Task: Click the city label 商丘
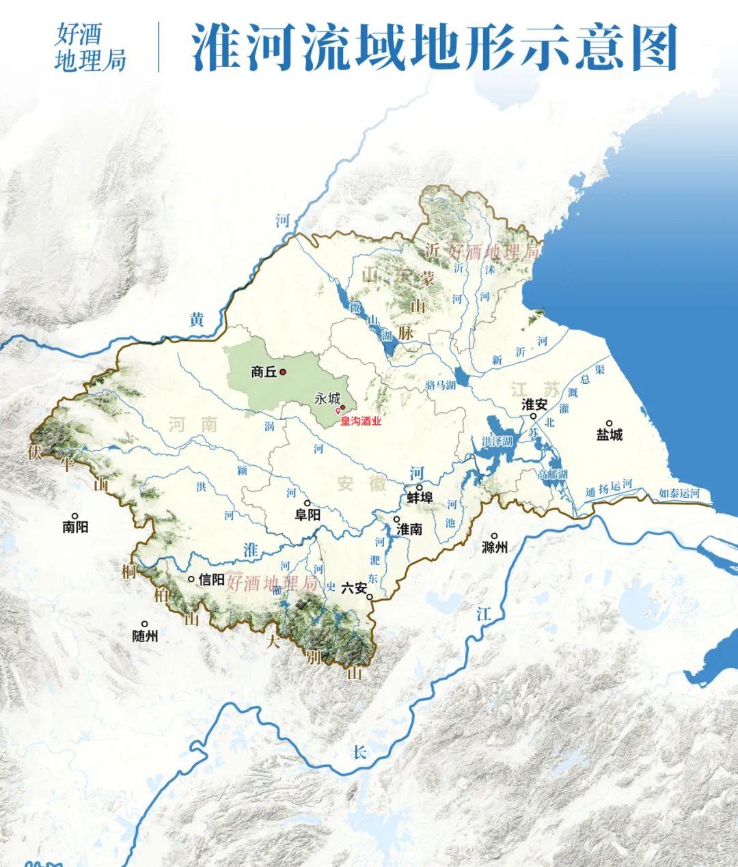pyautogui.click(x=263, y=372)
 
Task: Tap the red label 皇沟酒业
pyautogui.click(x=361, y=422)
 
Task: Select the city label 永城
pyautogui.click(x=327, y=398)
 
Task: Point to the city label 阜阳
pyautogui.click(x=307, y=514)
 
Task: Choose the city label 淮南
pyautogui.click(x=409, y=529)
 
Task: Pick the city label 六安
pyautogui.click(x=354, y=588)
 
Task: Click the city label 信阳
pyautogui.click(x=210, y=579)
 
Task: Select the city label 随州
pyautogui.click(x=145, y=635)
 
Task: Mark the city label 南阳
pyautogui.click(x=75, y=527)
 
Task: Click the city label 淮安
pyautogui.click(x=534, y=404)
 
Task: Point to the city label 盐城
pyautogui.click(x=610, y=435)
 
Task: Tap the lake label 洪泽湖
pyautogui.click(x=497, y=442)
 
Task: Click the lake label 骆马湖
pyautogui.click(x=440, y=385)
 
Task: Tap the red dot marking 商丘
pyautogui.click(x=283, y=372)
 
